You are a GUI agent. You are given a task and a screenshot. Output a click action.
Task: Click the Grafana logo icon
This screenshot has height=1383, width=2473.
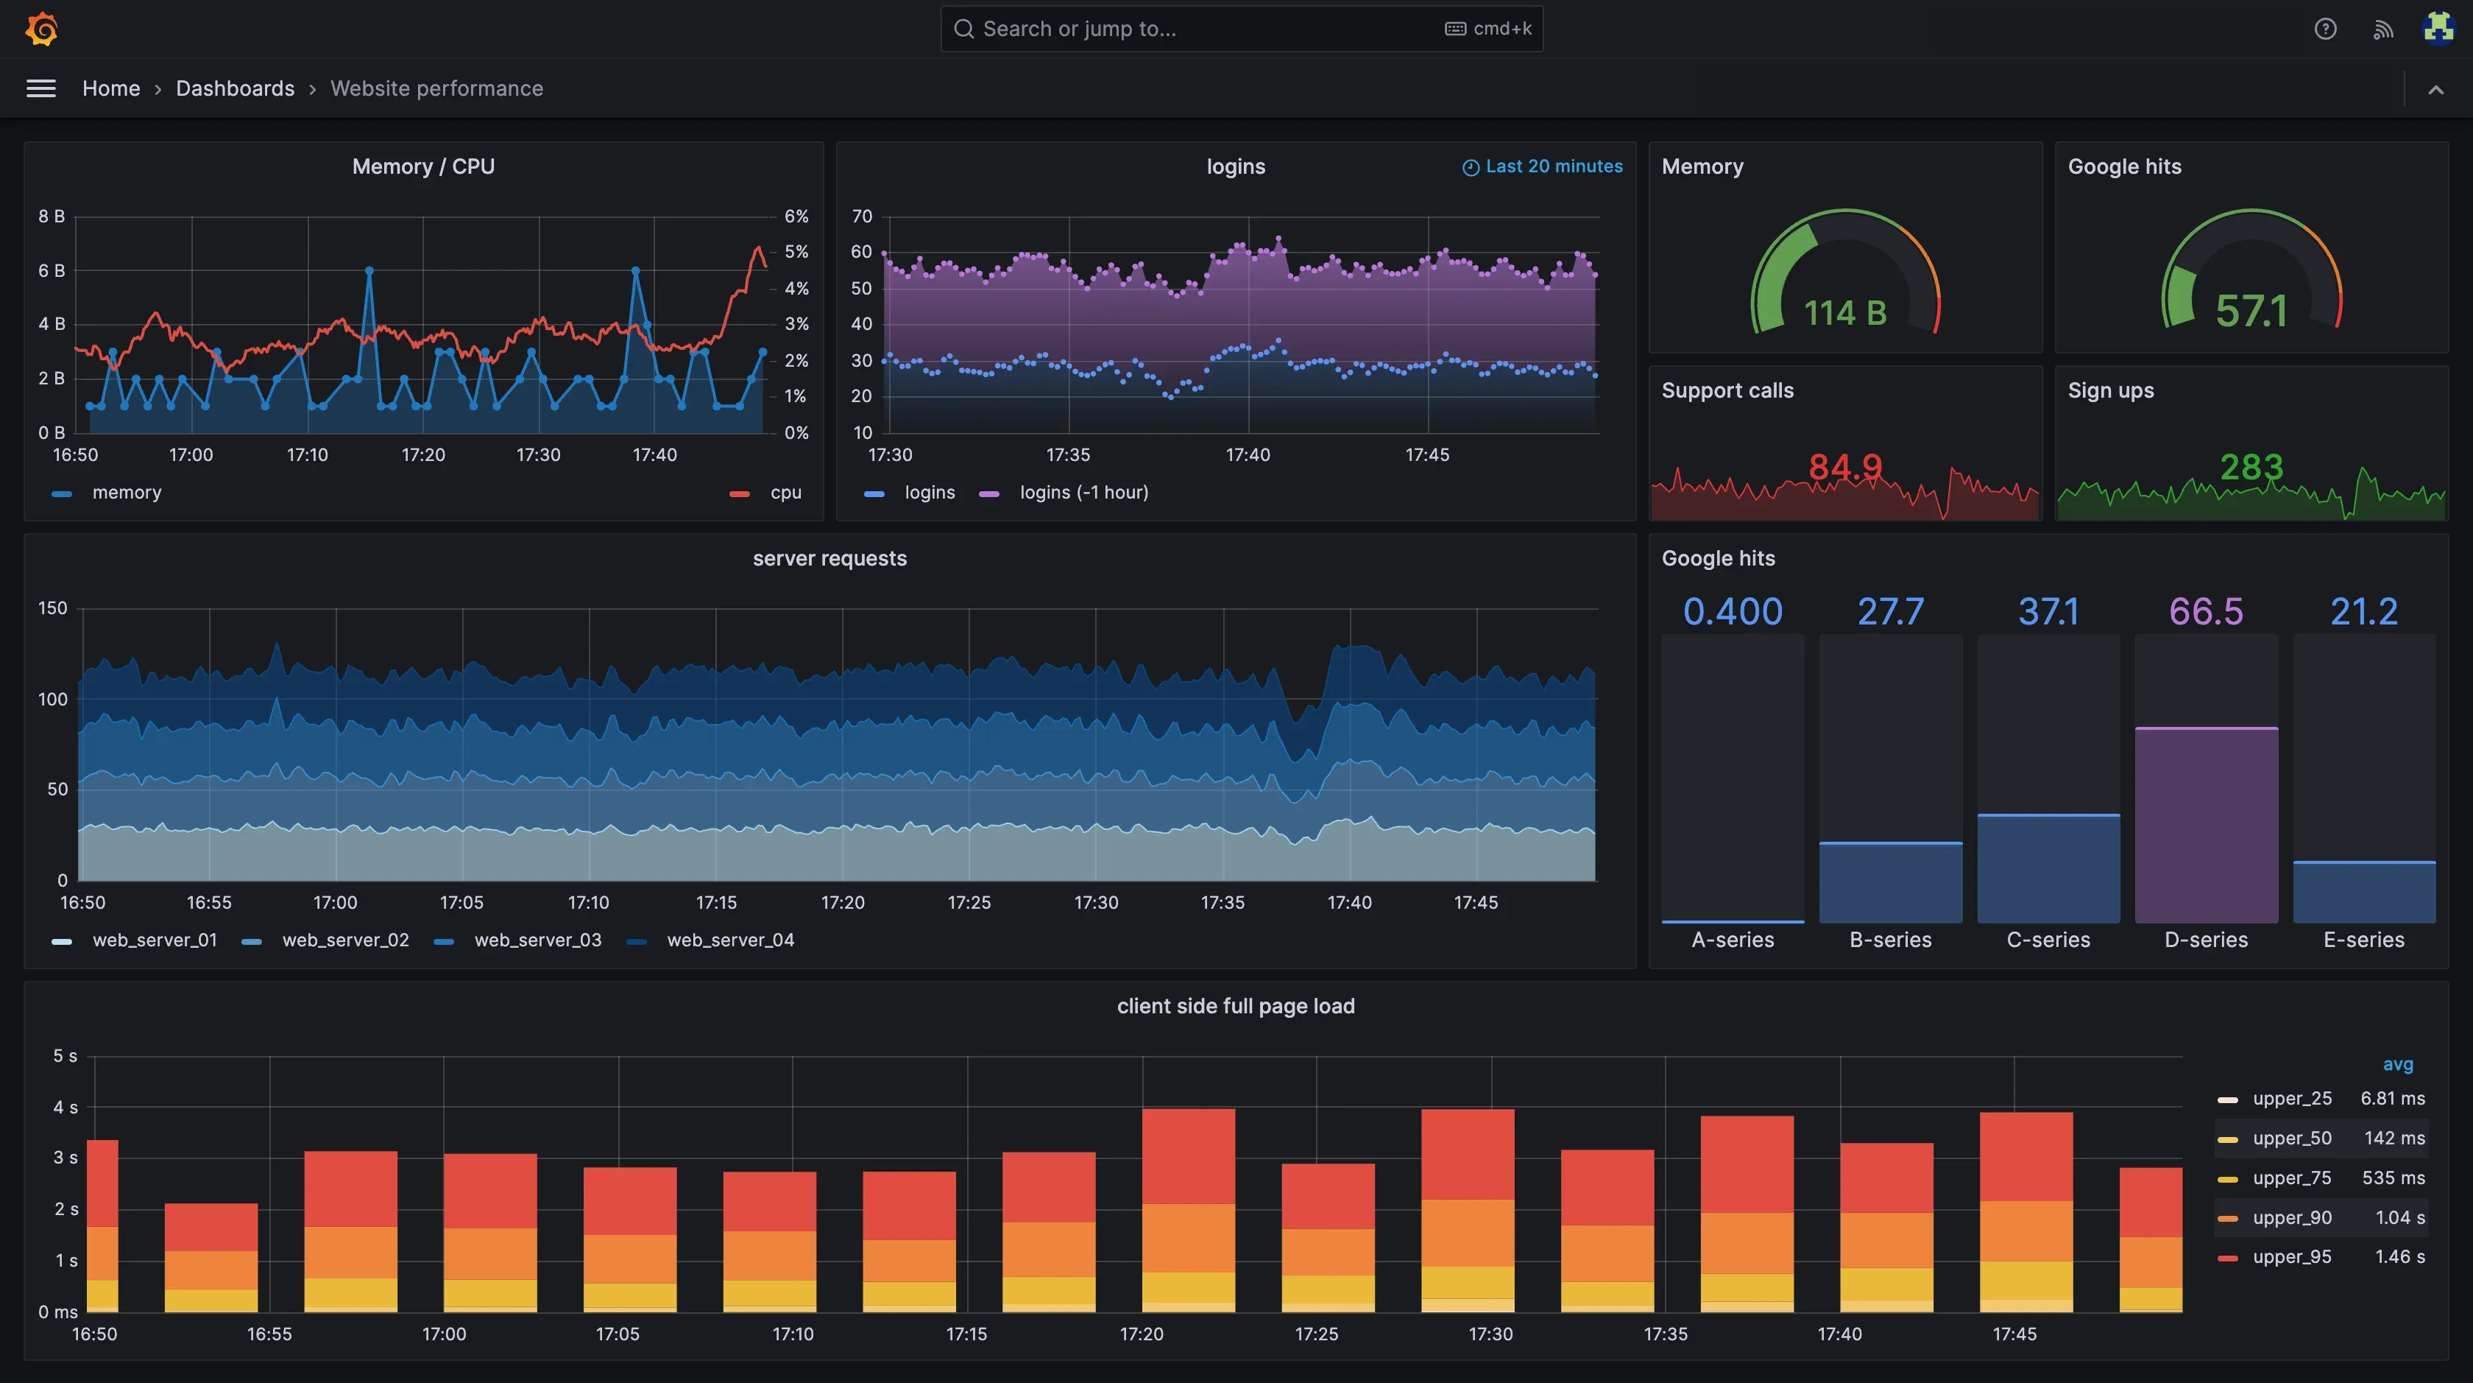(x=41, y=29)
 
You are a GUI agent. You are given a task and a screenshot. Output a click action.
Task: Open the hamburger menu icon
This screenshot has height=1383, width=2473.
(x=40, y=88)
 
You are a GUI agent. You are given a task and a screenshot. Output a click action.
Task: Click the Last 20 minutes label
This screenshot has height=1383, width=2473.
(x=1552, y=166)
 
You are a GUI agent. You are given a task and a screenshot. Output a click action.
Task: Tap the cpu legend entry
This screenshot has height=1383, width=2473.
(x=785, y=493)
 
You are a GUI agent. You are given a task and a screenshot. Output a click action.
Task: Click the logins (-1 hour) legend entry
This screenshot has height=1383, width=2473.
(x=1083, y=493)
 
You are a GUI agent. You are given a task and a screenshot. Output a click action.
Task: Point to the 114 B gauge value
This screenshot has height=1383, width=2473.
(x=1844, y=313)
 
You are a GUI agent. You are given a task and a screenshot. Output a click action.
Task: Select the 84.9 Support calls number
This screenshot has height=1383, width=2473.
(x=1844, y=468)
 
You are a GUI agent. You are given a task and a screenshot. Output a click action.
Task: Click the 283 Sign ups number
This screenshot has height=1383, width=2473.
(x=2250, y=468)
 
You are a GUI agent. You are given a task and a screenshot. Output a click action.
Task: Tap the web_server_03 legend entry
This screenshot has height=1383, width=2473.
(x=537, y=940)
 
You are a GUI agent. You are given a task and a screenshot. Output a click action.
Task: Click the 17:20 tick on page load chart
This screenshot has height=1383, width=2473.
(x=1141, y=1334)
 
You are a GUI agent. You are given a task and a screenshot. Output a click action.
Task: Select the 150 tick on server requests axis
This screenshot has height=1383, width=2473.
(x=53, y=608)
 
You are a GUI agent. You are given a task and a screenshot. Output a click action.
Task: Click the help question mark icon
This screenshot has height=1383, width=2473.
(x=2324, y=29)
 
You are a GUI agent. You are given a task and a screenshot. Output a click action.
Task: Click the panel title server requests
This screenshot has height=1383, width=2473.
(x=829, y=558)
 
